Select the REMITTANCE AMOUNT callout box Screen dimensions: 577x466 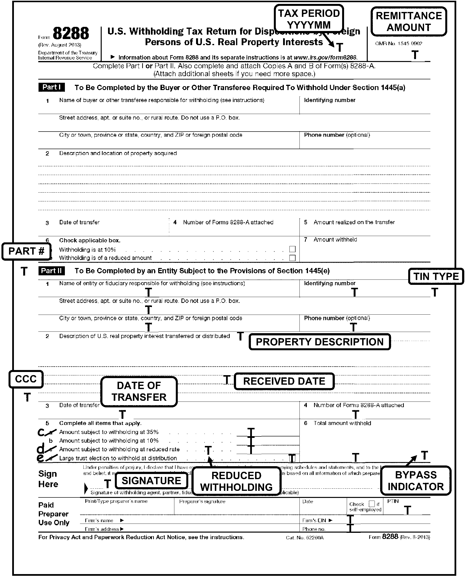(408, 21)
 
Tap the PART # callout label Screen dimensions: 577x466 (26, 251)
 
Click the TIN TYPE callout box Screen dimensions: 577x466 (436, 276)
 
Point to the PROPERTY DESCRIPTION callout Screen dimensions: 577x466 (319, 342)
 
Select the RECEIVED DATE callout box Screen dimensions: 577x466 (284, 381)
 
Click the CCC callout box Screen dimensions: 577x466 (26, 379)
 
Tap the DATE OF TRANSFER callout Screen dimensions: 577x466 (139, 392)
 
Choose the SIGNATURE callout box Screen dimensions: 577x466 (151, 481)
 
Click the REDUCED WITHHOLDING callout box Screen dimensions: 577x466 (236, 481)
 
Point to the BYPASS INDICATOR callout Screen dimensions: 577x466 (416, 481)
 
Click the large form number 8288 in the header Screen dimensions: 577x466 (71, 34)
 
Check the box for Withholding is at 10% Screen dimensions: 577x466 (292, 249)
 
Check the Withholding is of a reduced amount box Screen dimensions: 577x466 (292, 258)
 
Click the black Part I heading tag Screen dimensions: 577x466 (51, 87)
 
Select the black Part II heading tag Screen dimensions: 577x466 (51, 271)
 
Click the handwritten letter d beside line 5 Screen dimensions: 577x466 (41, 449)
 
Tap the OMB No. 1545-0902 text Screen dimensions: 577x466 (399, 43)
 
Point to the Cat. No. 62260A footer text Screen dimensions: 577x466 (305, 538)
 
